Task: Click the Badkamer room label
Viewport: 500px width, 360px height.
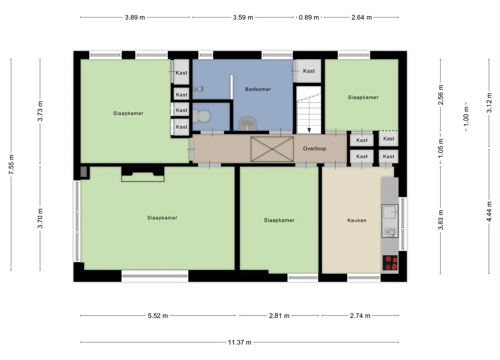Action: tap(258, 89)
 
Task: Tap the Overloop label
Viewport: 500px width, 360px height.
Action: tap(314, 148)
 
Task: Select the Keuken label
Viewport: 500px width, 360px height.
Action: tap(357, 220)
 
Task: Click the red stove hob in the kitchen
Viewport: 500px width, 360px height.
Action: tap(390, 263)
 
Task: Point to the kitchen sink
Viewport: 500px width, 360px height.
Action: tap(390, 221)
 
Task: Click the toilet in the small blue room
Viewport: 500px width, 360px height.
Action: tap(203, 116)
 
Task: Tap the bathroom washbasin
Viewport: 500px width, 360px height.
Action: tap(248, 123)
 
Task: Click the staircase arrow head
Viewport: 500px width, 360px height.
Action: tap(309, 130)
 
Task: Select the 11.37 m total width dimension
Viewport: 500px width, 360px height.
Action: tap(239, 342)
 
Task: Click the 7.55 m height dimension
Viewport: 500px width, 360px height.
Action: tap(11, 165)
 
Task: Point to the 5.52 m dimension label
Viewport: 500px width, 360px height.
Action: tap(158, 316)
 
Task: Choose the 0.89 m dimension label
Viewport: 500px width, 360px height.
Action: tap(309, 17)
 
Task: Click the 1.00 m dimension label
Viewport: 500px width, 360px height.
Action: tap(466, 117)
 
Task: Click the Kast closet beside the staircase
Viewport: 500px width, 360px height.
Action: tap(309, 71)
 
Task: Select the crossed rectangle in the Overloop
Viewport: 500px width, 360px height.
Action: tap(272, 149)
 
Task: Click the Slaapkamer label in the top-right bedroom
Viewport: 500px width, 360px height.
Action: tap(363, 97)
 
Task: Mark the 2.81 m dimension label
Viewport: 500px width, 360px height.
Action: tap(279, 316)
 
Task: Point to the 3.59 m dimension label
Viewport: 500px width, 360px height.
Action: tap(243, 17)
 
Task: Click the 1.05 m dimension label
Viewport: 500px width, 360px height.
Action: tap(441, 148)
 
